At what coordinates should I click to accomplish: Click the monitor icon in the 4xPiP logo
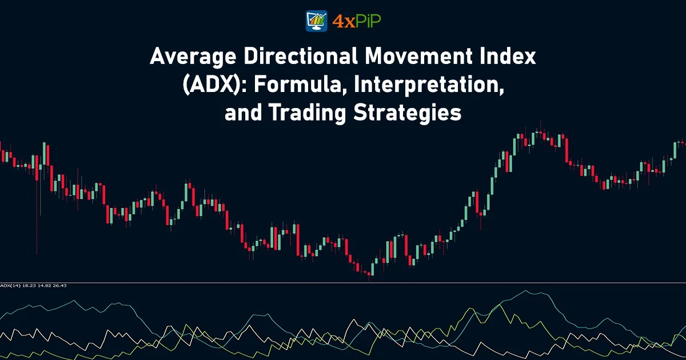(x=317, y=21)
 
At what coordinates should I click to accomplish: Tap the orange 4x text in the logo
(x=341, y=21)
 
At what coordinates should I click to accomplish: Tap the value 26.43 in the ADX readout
(x=59, y=285)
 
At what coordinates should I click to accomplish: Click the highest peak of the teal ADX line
(x=525, y=291)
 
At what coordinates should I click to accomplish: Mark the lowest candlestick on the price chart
(x=369, y=273)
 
